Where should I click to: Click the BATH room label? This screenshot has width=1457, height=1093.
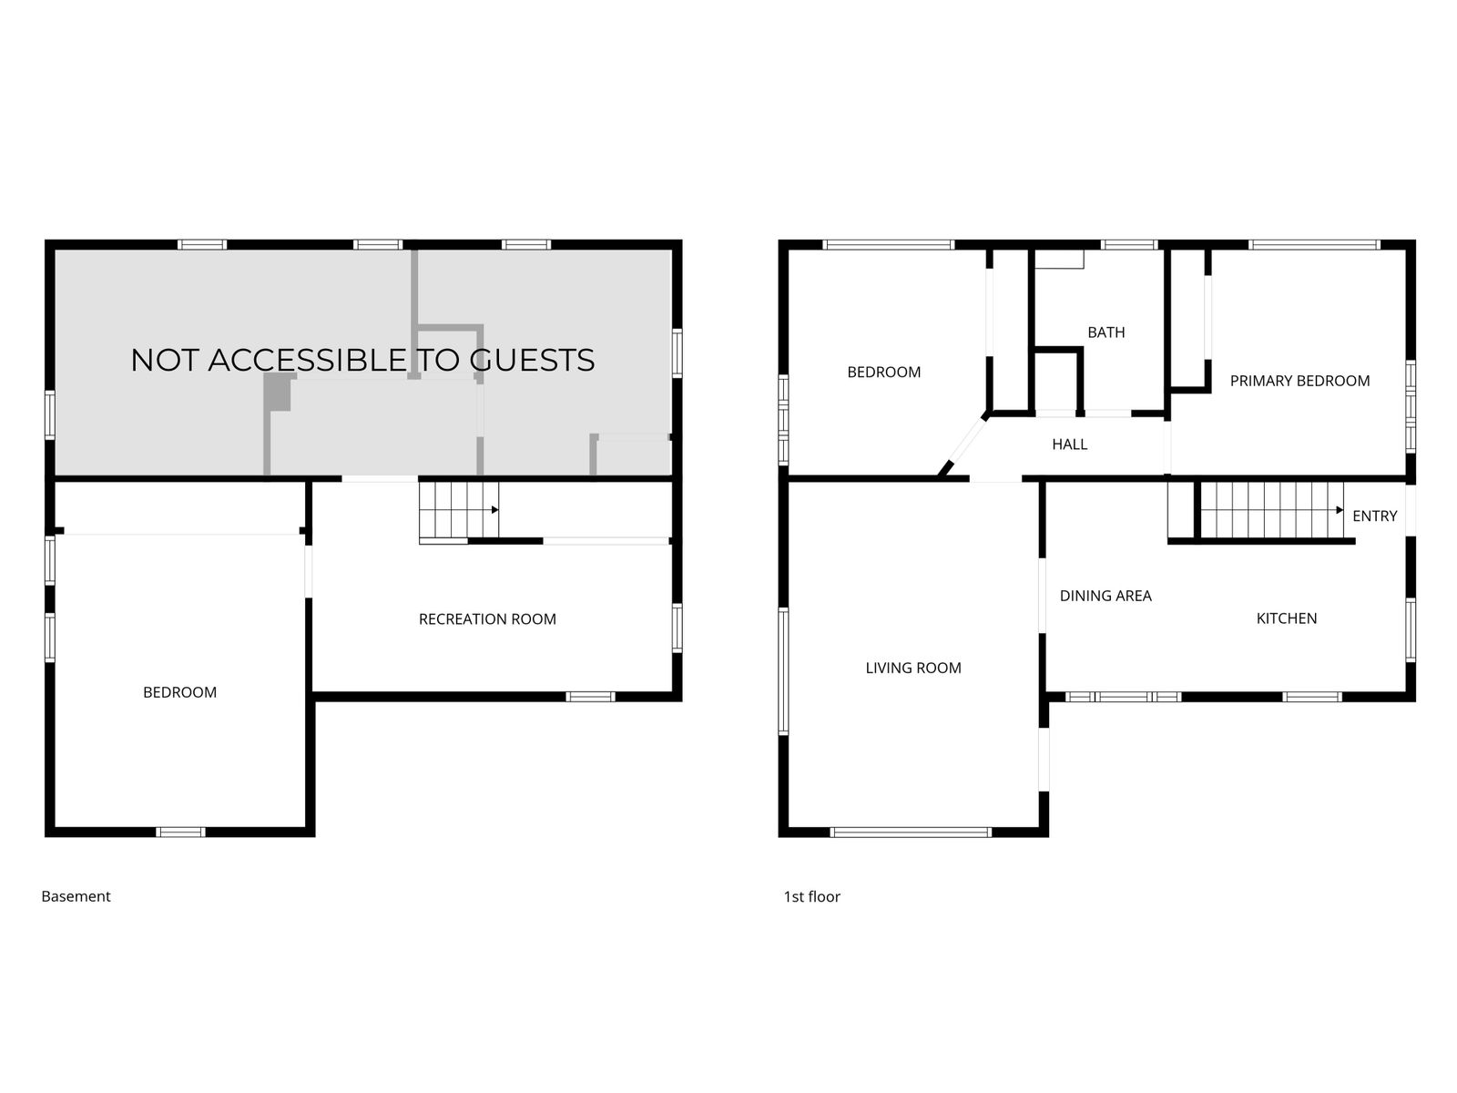pyautogui.click(x=1105, y=332)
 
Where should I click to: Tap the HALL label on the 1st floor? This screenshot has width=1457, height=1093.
pyautogui.click(x=1069, y=444)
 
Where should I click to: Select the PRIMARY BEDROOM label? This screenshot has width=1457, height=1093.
pyautogui.click(x=1299, y=381)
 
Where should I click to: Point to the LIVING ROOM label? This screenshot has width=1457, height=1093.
pyautogui.click(x=912, y=669)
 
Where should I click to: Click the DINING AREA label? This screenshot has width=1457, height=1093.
pyautogui.click(x=1105, y=596)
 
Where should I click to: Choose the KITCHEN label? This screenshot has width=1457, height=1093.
pyautogui.click(x=1287, y=618)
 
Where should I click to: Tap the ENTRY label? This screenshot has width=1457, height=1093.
pyautogui.click(x=1375, y=516)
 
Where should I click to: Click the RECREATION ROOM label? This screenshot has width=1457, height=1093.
pyautogui.click(x=487, y=619)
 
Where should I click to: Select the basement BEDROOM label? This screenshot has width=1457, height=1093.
pyautogui.click(x=180, y=693)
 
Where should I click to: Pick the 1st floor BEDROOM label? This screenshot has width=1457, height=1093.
pyautogui.click(x=883, y=373)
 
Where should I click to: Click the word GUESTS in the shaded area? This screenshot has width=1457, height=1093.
pyautogui.click(x=532, y=361)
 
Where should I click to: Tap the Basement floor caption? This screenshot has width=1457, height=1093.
pyautogui.click(x=76, y=896)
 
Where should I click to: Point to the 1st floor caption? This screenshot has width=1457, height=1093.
pyautogui.click(x=811, y=896)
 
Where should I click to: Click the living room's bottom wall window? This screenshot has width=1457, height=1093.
pyautogui.click(x=911, y=833)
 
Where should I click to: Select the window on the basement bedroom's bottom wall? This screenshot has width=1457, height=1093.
pyautogui.click(x=180, y=833)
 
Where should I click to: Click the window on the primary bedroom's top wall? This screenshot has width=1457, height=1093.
pyautogui.click(x=1314, y=245)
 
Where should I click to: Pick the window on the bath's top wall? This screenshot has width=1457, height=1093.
pyautogui.click(x=1129, y=245)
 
